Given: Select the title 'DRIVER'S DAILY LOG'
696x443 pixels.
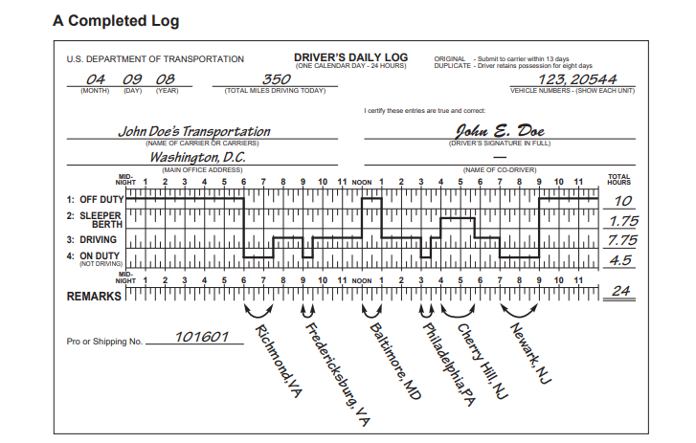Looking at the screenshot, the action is click(x=350, y=57).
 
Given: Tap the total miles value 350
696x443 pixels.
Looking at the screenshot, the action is click(x=277, y=79).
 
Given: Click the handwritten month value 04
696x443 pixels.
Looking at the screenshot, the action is click(x=96, y=79).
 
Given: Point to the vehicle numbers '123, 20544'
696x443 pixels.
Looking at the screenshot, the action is click(x=578, y=79).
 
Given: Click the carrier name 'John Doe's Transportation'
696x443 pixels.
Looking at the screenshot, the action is click(x=193, y=131).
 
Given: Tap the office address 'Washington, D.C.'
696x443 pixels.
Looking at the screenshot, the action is click(x=197, y=157).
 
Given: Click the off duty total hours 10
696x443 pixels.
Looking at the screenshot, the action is click(x=623, y=201).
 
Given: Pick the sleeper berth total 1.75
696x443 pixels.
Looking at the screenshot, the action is click(x=623, y=221).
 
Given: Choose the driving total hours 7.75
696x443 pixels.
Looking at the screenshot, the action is click(x=623, y=240).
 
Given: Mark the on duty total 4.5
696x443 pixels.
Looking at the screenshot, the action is click(x=623, y=259).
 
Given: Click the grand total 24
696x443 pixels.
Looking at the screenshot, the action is click(x=623, y=292).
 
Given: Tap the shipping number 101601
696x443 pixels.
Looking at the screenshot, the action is click(x=202, y=338).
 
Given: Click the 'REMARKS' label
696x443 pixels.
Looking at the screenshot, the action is click(x=94, y=297).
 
